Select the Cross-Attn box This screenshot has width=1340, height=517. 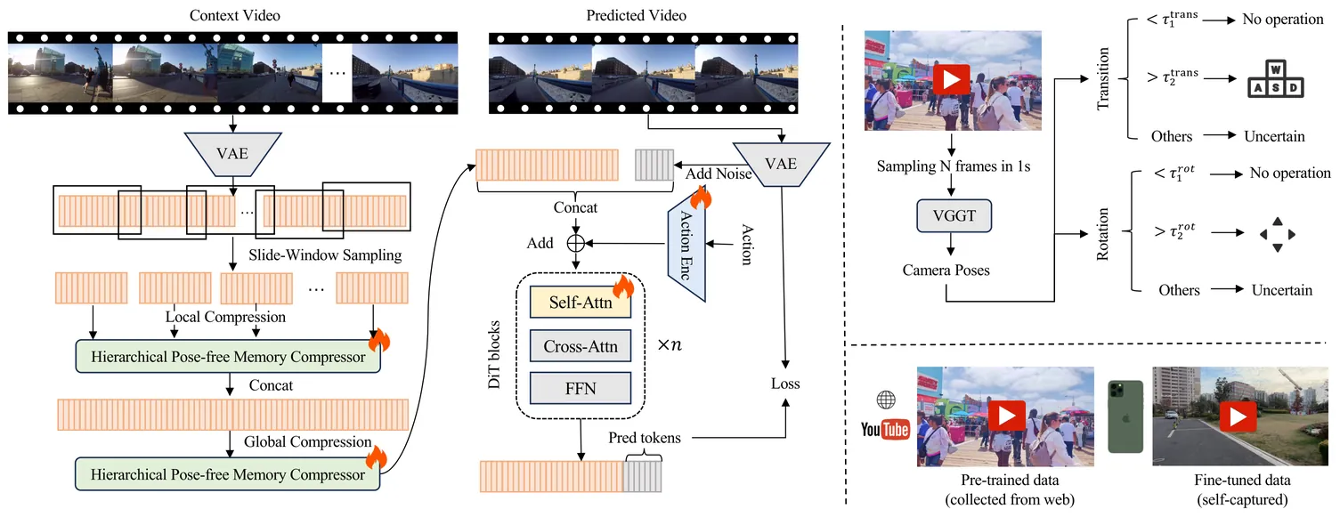(x=580, y=345)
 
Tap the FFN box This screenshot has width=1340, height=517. (x=580, y=387)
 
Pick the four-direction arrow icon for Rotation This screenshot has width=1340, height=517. (x=1277, y=234)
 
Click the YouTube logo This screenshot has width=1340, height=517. (x=885, y=430)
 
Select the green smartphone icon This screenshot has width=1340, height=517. (x=1123, y=416)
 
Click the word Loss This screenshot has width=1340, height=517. (x=785, y=384)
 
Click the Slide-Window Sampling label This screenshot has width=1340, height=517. (x=325, y=255)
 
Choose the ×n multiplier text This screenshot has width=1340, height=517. (x=670, y=344)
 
